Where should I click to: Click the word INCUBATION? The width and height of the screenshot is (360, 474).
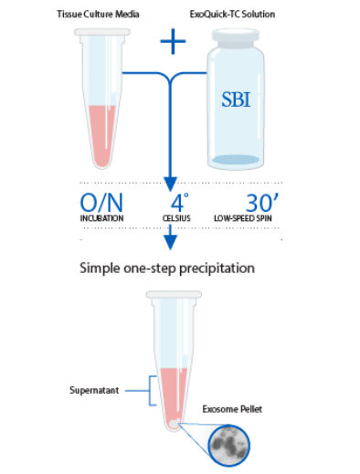tap(101, 220)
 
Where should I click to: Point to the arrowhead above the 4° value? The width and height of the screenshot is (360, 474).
tap(170, 183)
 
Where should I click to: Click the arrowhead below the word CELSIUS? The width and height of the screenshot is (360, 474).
tap(170, 245)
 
